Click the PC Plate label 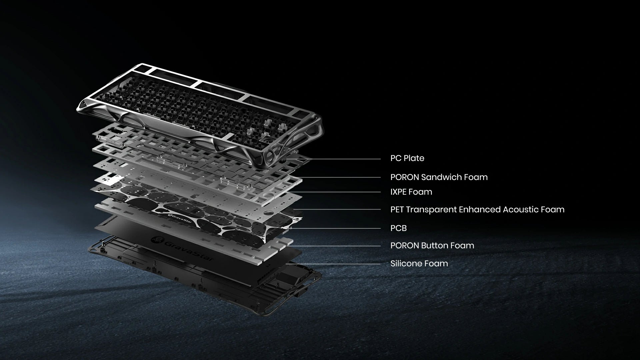[407, 158]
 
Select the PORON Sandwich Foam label [439, 177]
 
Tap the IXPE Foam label [411, 192]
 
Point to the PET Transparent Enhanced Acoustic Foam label [477, 210]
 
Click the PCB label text [398, 228]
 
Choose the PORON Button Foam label [432, 246]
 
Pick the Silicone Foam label [419, 264]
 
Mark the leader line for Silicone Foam [333, 264]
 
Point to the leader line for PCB [336, 228]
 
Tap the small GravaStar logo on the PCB [181, 218]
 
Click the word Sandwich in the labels [442, 177]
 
